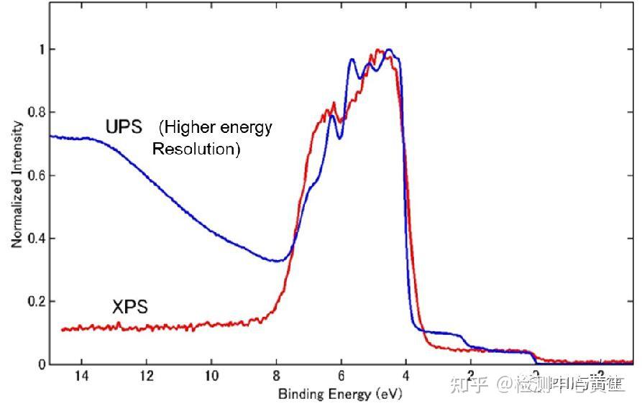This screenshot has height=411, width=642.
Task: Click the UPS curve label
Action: pos(124,127)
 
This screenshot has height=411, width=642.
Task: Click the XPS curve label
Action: pos(130,308)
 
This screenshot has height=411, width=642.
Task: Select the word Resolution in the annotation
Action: pos(196,149)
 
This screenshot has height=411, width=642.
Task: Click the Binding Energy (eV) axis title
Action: pos(340,394)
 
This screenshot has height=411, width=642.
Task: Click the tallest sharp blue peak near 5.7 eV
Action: pos(352,60)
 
